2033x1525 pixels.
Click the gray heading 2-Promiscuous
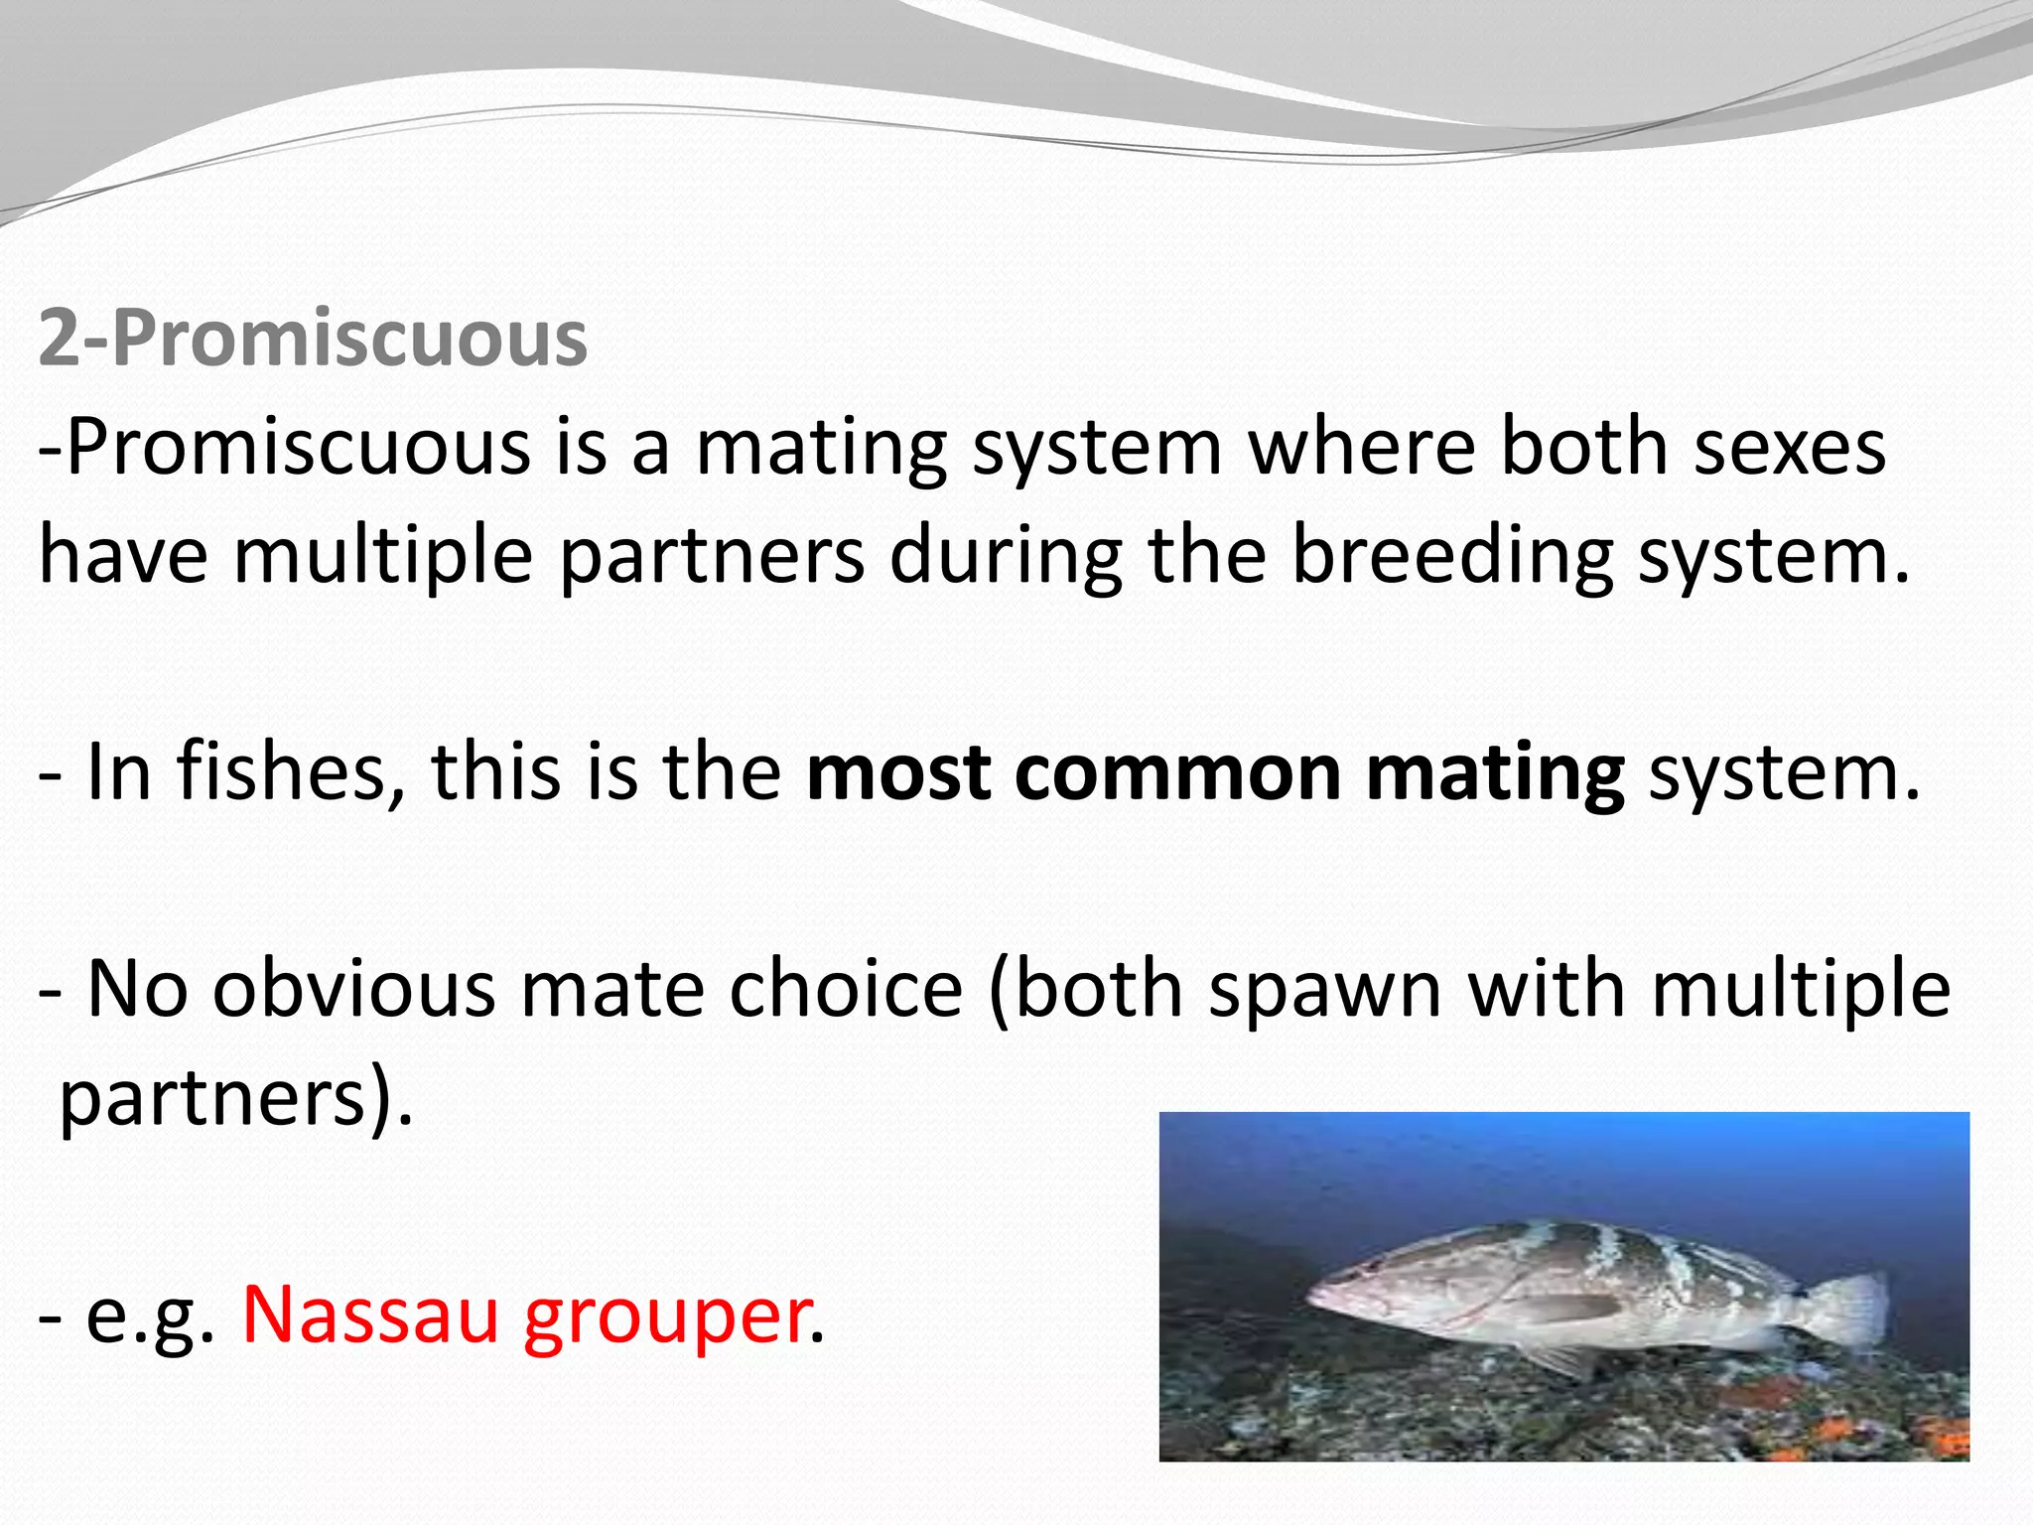[x=313, y=340]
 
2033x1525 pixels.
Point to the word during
[x=1006, y=556]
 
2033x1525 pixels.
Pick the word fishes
[x=291, y=772]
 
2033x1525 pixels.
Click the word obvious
[x=353, y=989]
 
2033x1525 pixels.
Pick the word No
[x=137, y=989]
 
